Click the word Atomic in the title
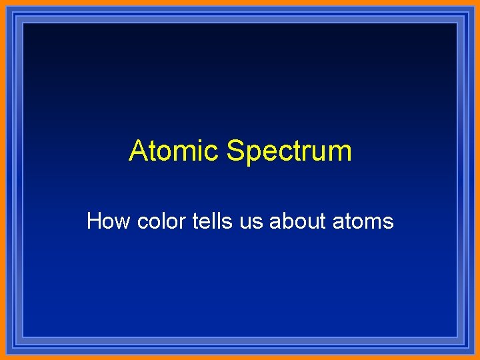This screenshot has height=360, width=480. pos(175,151)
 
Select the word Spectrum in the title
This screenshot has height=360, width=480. pos(289,152)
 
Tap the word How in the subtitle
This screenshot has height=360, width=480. pos(109,221)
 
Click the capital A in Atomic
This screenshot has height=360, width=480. pos(139,151)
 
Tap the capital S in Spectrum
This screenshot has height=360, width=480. pos(235,151)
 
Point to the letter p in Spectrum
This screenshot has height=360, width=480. pos(254,155)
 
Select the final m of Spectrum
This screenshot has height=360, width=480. pos(339,153)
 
